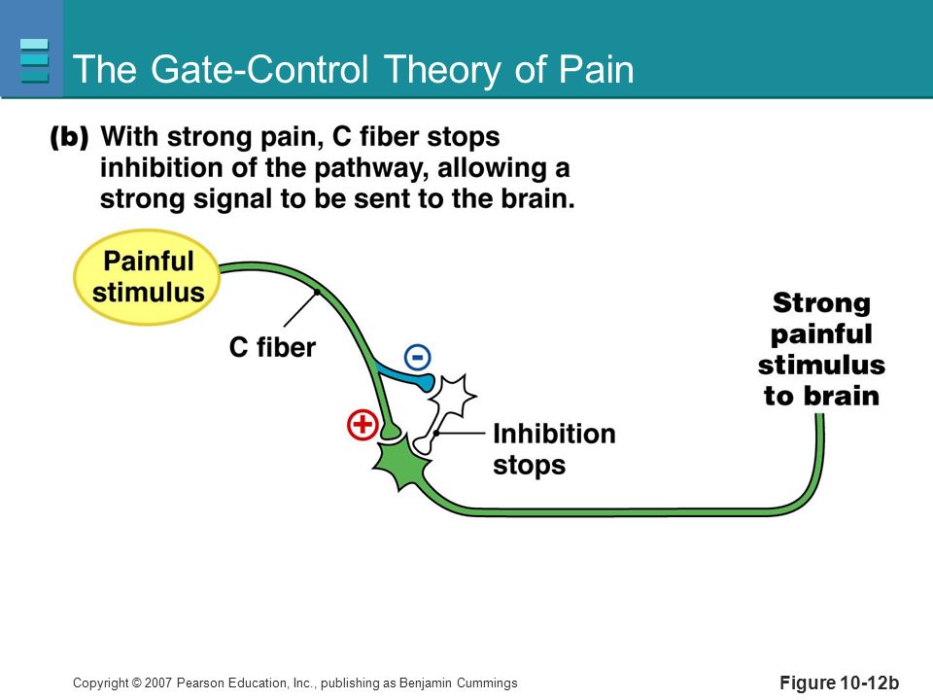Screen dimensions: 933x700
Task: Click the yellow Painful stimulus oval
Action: click(147, 277)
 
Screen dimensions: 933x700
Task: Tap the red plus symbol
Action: click(363, 425)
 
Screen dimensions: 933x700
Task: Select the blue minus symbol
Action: click(418, 357)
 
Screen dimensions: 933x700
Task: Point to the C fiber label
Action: click(272, 348)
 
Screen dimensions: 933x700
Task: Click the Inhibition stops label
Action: click(554, 449)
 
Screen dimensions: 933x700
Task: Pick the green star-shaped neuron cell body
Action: click(400, 462)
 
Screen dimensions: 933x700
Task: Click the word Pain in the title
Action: click(596, 69)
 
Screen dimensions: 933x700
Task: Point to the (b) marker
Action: click(69, 137)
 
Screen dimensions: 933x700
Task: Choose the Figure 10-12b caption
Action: click(839, 682)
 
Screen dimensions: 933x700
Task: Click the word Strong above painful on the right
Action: click(821, 303)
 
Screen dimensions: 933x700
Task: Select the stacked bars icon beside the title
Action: click(34, 60)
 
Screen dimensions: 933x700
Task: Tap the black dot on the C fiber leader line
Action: click(317, 293)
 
